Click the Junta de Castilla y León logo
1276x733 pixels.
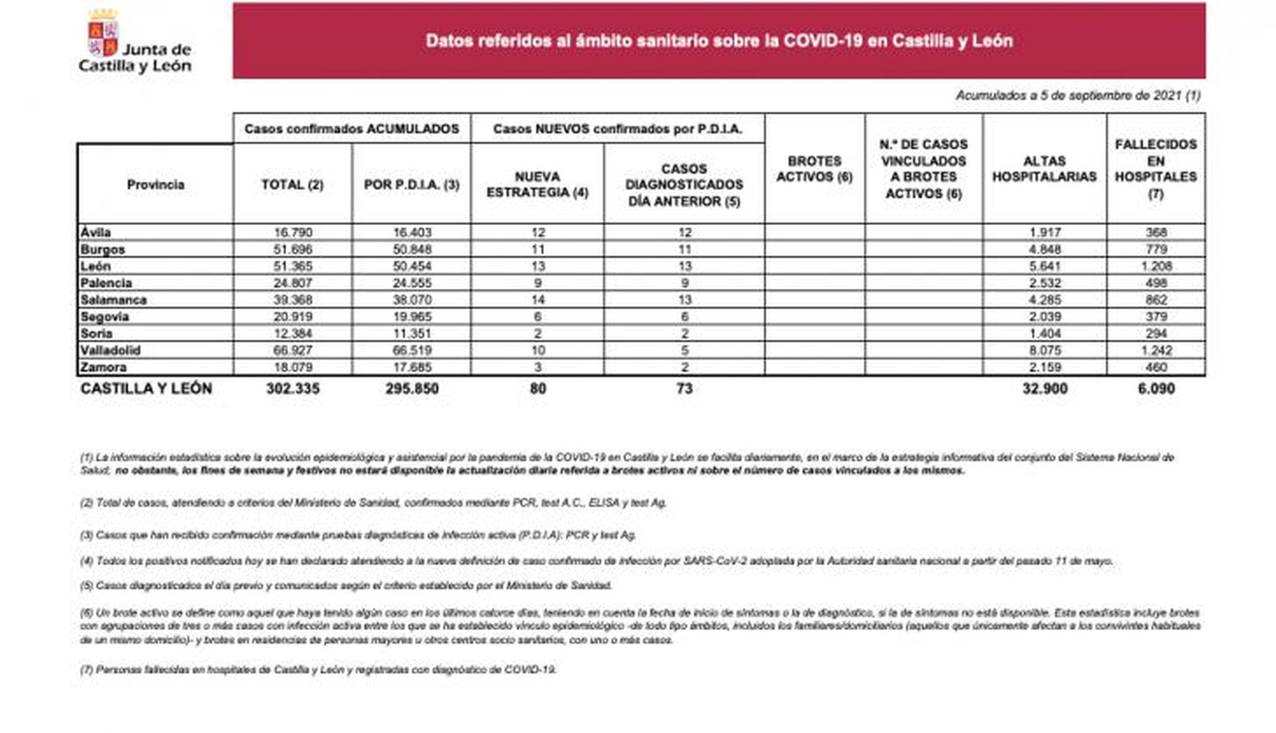[x=134, y=43]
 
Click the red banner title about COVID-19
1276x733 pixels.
[x=719, y=41]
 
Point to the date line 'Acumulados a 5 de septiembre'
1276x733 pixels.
[x=1077, y=96]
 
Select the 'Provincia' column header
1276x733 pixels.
[x=156, y=184]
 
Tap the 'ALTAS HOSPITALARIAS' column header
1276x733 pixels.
[x=1044, y=168]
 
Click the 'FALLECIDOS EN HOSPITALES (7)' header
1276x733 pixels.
[x=1156, y=168]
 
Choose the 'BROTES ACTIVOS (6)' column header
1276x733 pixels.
[x=814, y=168]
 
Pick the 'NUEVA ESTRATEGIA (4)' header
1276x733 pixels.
[x=538, y=184]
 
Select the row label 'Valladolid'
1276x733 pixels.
[x=110, y=350]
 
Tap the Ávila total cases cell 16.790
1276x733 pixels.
[x=293, y=233]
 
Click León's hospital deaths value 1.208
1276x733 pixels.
[x=1156, y=266]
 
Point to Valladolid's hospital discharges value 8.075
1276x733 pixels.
[x=1045, y=350]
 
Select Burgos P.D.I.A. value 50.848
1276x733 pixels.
[x=412, y=250]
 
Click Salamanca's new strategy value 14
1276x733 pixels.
[x=538, y=300]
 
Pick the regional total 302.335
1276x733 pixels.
[x=293, y=388]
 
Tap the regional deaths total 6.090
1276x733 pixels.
[x=1156, y=388]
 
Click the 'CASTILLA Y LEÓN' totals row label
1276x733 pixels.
[x=146, y=388]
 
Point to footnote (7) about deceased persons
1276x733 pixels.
[x=318, y=669]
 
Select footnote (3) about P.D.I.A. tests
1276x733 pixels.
[x=358, y=534]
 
